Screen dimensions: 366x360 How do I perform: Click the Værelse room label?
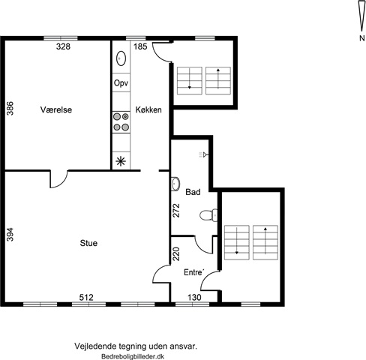[56, 109]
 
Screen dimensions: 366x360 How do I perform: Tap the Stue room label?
[88, 243]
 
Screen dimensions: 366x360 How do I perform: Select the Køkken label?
[148, 109]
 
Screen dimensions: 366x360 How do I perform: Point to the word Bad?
[193, 192]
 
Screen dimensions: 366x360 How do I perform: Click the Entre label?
[193, 272]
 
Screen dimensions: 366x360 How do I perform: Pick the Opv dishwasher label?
[121, 83]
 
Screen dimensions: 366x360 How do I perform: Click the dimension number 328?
[63, 46]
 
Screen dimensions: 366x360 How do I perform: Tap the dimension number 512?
[86, 297]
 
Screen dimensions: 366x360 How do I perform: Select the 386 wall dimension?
[10, 108]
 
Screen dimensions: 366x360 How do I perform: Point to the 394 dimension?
[10, 234]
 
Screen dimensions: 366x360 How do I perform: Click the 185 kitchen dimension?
[140, 46]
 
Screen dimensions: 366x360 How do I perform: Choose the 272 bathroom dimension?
[176, 210]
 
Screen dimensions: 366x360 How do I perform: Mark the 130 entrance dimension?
[194, 297]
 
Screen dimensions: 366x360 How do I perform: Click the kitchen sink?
[121, 58]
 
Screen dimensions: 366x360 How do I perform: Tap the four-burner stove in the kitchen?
[121, 122]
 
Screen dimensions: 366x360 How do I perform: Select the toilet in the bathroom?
[208, 215]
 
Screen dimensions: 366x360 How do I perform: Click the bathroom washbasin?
[175, 184]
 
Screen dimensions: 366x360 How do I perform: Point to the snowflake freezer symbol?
[121, 161]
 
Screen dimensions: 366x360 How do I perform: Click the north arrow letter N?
[361, 38]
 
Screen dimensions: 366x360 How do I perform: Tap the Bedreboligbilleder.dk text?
[133, 356]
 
